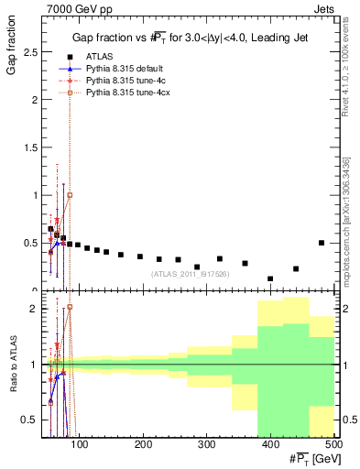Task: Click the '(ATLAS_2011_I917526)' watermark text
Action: (x=190, y=274)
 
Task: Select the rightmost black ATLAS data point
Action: (x=321, y=243)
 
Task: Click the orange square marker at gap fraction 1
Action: (x=70, y=195)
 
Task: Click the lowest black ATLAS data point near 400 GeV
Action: (x=270, y=278)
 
